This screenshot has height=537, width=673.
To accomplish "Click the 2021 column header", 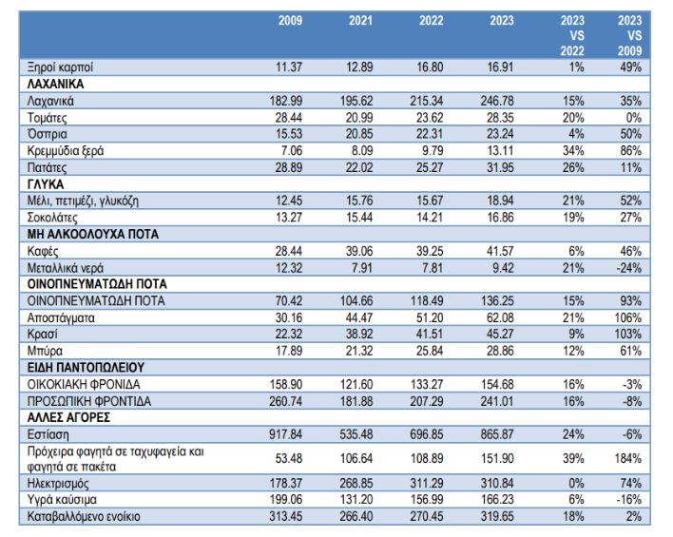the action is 360,21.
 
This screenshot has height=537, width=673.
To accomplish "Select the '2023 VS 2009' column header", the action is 629,35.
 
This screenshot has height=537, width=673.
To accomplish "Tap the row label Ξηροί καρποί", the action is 60,67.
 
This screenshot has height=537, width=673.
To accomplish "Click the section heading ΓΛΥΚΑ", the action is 46,184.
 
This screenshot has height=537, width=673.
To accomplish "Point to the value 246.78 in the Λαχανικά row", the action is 496,101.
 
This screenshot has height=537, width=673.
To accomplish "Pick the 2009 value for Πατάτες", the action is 289,167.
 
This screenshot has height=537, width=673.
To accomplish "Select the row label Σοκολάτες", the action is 52,218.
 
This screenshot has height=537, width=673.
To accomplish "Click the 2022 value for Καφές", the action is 430,251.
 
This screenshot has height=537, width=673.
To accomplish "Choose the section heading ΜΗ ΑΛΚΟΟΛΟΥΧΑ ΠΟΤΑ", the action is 93,235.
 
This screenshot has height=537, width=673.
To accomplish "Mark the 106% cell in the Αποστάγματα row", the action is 628,318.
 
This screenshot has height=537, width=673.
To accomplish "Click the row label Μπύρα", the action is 45,351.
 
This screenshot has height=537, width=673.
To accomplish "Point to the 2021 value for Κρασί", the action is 359,334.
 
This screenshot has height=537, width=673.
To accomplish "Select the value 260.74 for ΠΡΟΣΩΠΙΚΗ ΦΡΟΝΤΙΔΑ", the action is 285,401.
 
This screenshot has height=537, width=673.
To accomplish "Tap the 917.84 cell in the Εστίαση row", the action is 285,434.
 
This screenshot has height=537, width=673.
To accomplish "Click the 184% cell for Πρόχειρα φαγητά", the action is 628,458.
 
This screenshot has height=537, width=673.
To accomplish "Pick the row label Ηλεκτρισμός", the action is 58,484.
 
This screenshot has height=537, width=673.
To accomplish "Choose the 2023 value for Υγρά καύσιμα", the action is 496,500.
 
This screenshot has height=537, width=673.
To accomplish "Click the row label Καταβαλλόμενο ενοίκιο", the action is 84,516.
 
